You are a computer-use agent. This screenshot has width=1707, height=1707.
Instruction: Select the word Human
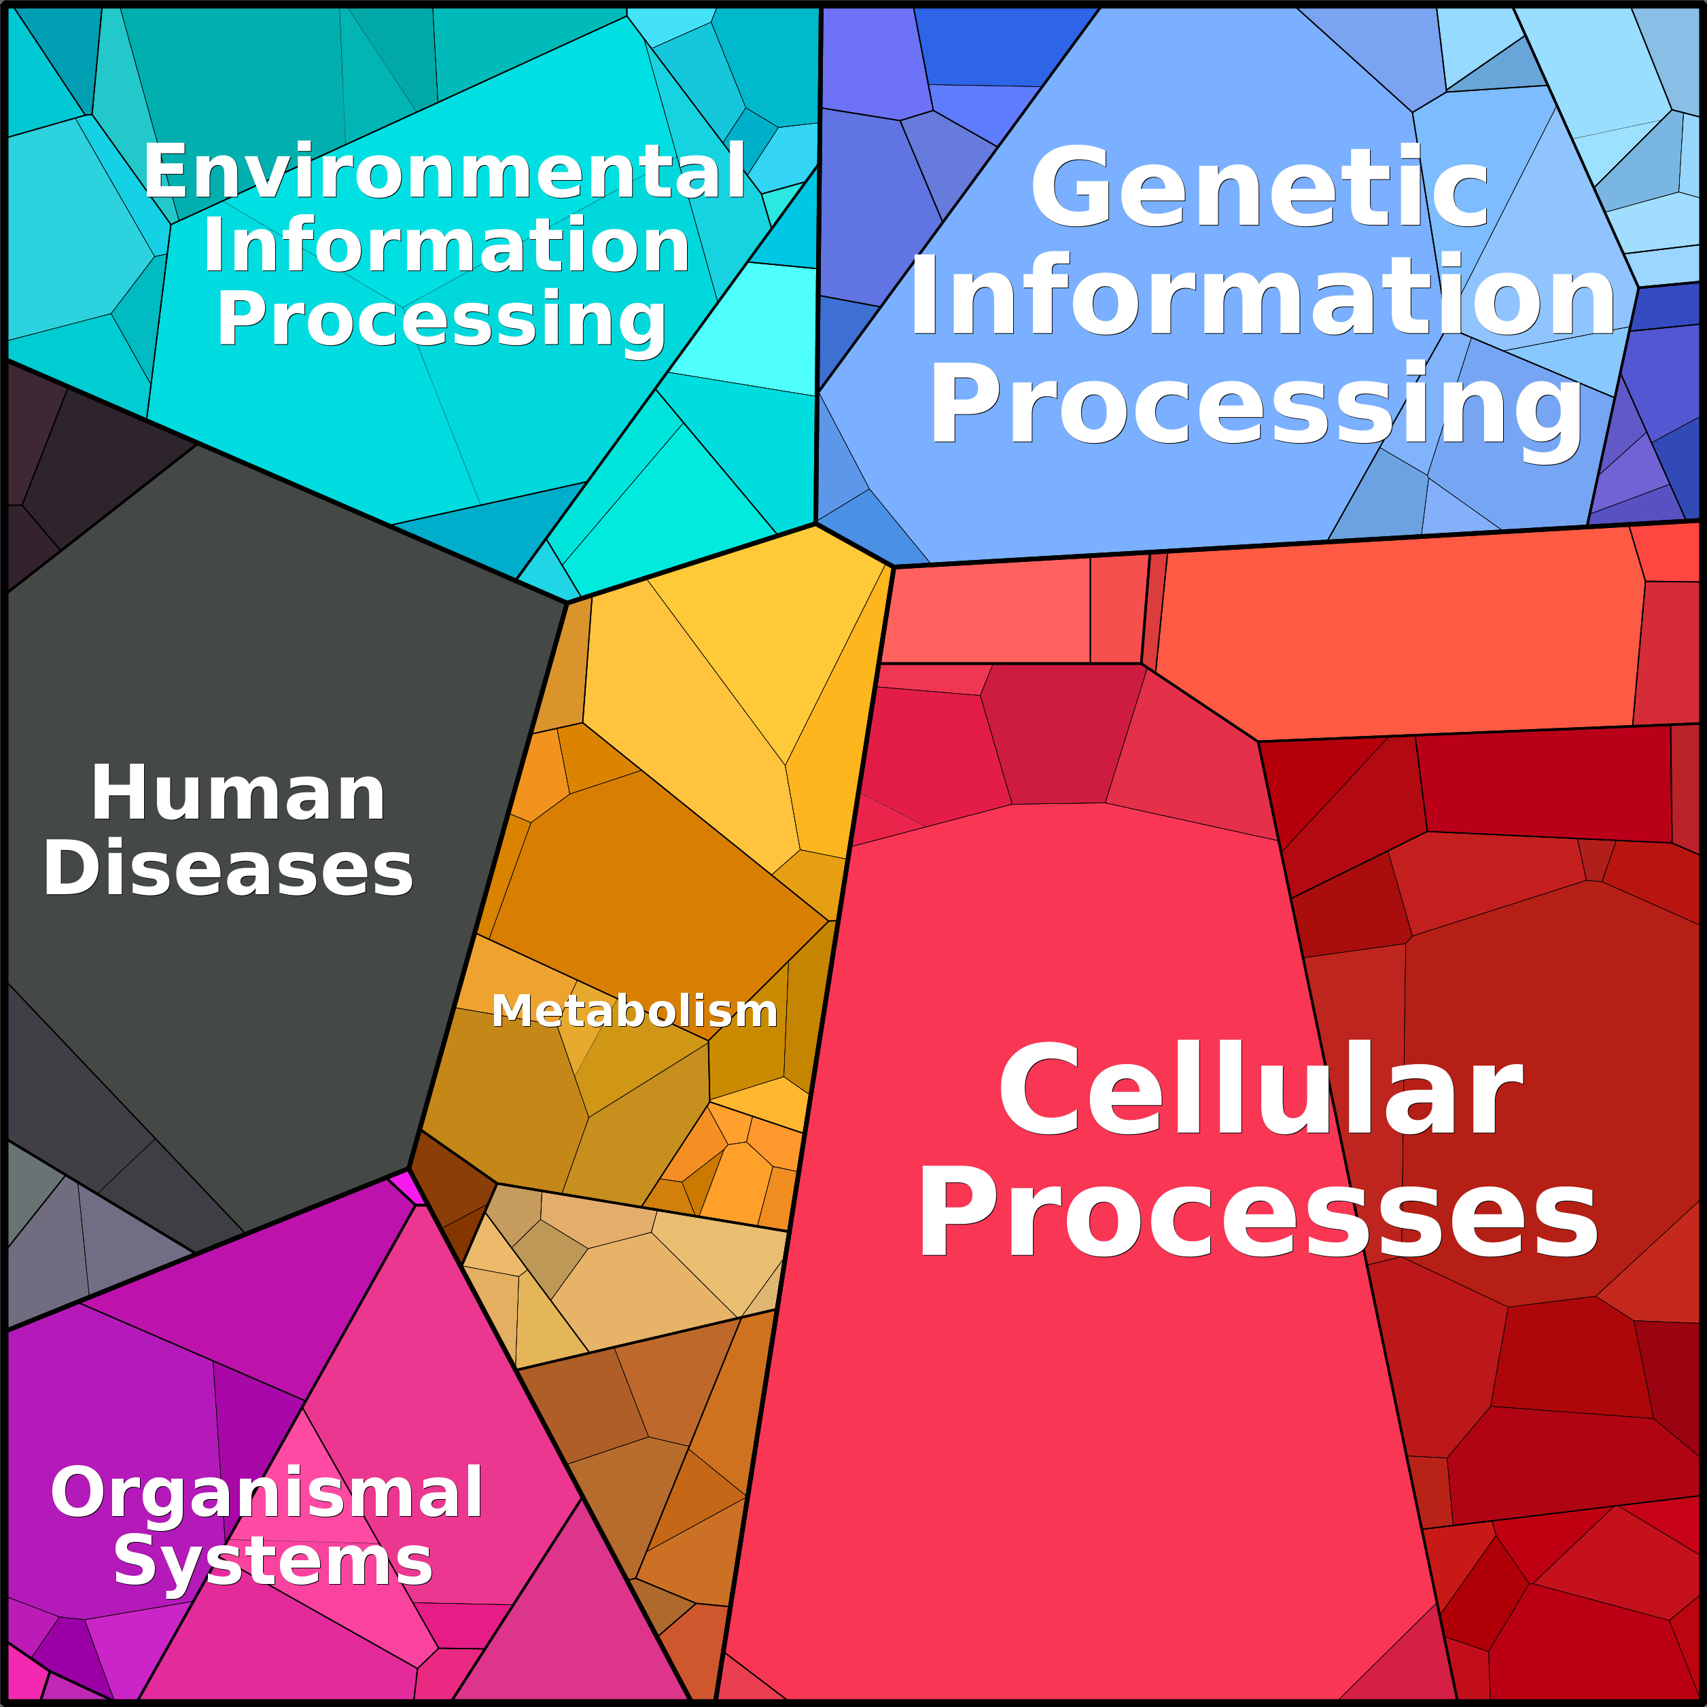[238, 794]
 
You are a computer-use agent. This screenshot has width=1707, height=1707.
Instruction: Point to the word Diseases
[228, 869]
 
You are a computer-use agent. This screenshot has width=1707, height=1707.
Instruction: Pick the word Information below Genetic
[1263, 296]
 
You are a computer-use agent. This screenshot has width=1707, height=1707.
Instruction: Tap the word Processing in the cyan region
[442, 320]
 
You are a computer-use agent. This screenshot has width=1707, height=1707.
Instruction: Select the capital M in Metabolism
[509, 1010]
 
